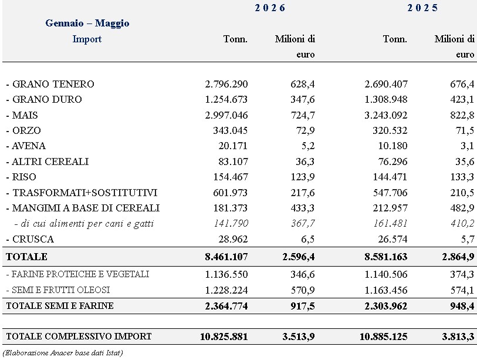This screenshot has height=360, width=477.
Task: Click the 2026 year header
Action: (270, 8)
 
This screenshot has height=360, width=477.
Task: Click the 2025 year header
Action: (422, 8)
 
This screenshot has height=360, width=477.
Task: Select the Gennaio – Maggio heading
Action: (87, 23)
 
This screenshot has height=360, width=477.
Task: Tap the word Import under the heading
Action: (87, 39)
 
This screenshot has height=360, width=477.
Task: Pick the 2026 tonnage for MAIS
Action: (226, 115)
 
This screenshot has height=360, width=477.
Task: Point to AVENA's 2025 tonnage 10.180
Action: (393, 146)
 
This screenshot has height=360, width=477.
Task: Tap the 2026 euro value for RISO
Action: (302, 177)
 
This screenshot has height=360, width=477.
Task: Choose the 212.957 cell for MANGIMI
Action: (390, 208)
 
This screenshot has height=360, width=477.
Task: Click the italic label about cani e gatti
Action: (84, 224)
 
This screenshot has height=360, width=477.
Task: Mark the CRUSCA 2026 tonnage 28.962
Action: (233, 239)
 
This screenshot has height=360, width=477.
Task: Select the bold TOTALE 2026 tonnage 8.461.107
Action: (226, 257)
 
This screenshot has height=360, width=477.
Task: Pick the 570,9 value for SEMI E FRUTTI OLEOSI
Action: (302, 290)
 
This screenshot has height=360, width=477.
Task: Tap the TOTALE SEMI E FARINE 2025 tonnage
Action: (385, 306)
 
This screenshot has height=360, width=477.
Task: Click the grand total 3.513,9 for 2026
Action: (299, 337)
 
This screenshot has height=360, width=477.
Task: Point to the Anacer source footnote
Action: (63, 353)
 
